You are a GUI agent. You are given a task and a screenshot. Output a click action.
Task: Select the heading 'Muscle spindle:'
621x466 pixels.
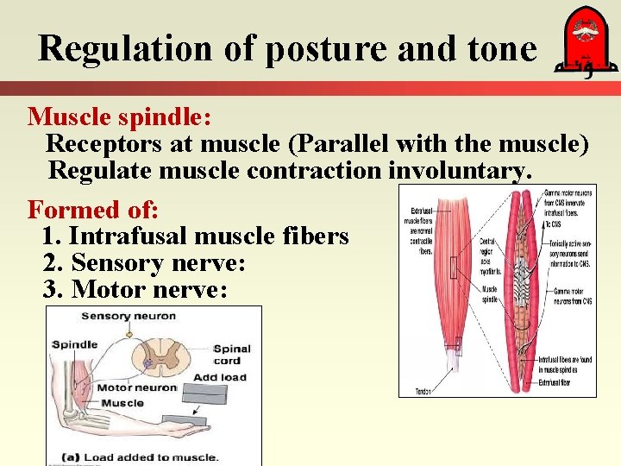point(119,116)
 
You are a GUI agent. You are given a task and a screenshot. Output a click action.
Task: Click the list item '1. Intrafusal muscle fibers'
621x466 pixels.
point(195,236)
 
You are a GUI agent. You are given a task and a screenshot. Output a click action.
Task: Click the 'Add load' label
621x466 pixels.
point(220,377)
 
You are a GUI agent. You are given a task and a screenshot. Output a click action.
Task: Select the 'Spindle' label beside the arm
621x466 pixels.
point(75,344)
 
